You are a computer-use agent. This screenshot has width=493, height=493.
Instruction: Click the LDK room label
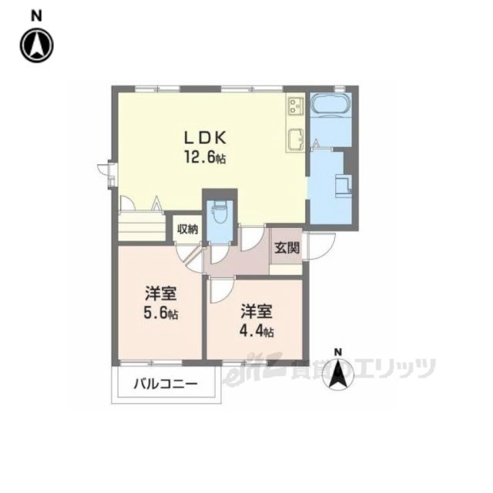[203, 139]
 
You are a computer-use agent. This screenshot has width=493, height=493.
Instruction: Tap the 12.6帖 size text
[204, 159]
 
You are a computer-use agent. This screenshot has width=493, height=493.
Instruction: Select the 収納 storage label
[187, 229]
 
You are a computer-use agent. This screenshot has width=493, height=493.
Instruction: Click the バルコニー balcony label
[167, 384]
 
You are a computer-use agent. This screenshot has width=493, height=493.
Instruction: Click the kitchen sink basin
[295, 139]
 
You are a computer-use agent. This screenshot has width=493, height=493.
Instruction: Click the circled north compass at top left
[36, 46]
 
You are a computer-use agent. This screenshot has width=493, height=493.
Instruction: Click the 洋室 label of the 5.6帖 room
[161, 293]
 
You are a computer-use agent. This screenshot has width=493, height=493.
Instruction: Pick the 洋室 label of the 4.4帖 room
[257, 312]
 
